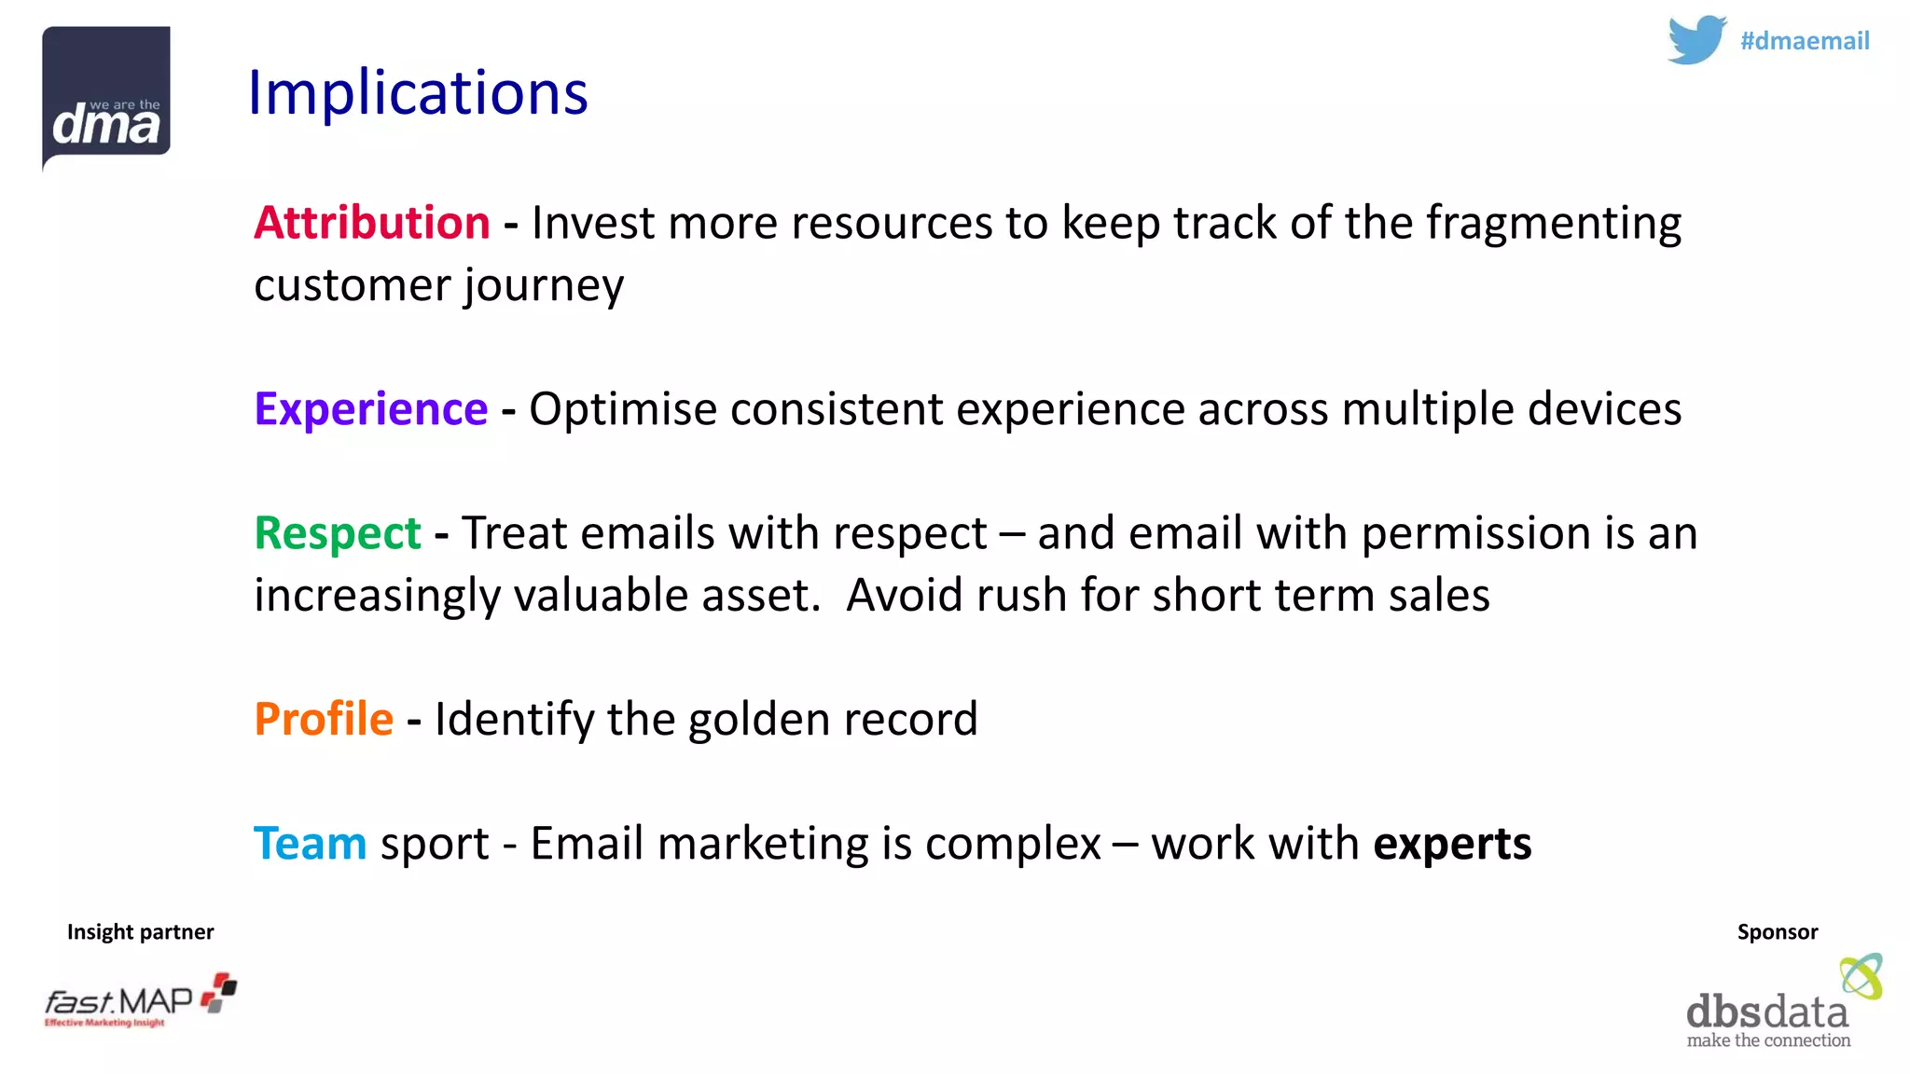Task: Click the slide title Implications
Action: (x=418, y=93)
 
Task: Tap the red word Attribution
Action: (x=371, y=224)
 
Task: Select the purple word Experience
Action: (x=370, y=410)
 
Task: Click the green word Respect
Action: (x=338, y=534)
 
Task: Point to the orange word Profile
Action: (x=324, y=720)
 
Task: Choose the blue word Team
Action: (x=310, y=844)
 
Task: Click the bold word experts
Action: (x=1451, y=845)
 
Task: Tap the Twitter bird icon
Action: (x=1695, y=40)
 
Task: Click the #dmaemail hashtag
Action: (x=1804, y=41)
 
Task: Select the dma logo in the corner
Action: (x=106, y=98)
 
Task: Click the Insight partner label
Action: (x=140, y=932)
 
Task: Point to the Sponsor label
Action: (x=1777, y=932)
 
